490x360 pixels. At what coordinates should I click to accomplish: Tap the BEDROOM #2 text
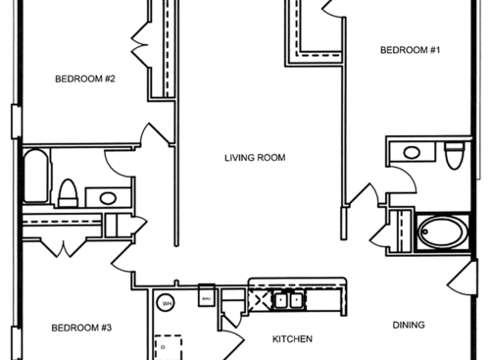pos(86,79)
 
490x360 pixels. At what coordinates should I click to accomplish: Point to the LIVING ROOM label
pos(260,157)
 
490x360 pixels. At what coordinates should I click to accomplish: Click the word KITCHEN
pos(291,339)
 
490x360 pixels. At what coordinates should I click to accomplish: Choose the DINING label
pos(409,325)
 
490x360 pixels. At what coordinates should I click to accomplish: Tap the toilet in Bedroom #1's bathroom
pos(453,156)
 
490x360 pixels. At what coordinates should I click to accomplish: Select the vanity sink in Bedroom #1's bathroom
pos(413,153)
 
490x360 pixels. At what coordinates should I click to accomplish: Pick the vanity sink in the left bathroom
pos(107,197)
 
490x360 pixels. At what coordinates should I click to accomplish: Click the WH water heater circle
pos(167,303)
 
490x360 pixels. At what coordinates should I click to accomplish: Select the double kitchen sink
pos(287,300)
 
